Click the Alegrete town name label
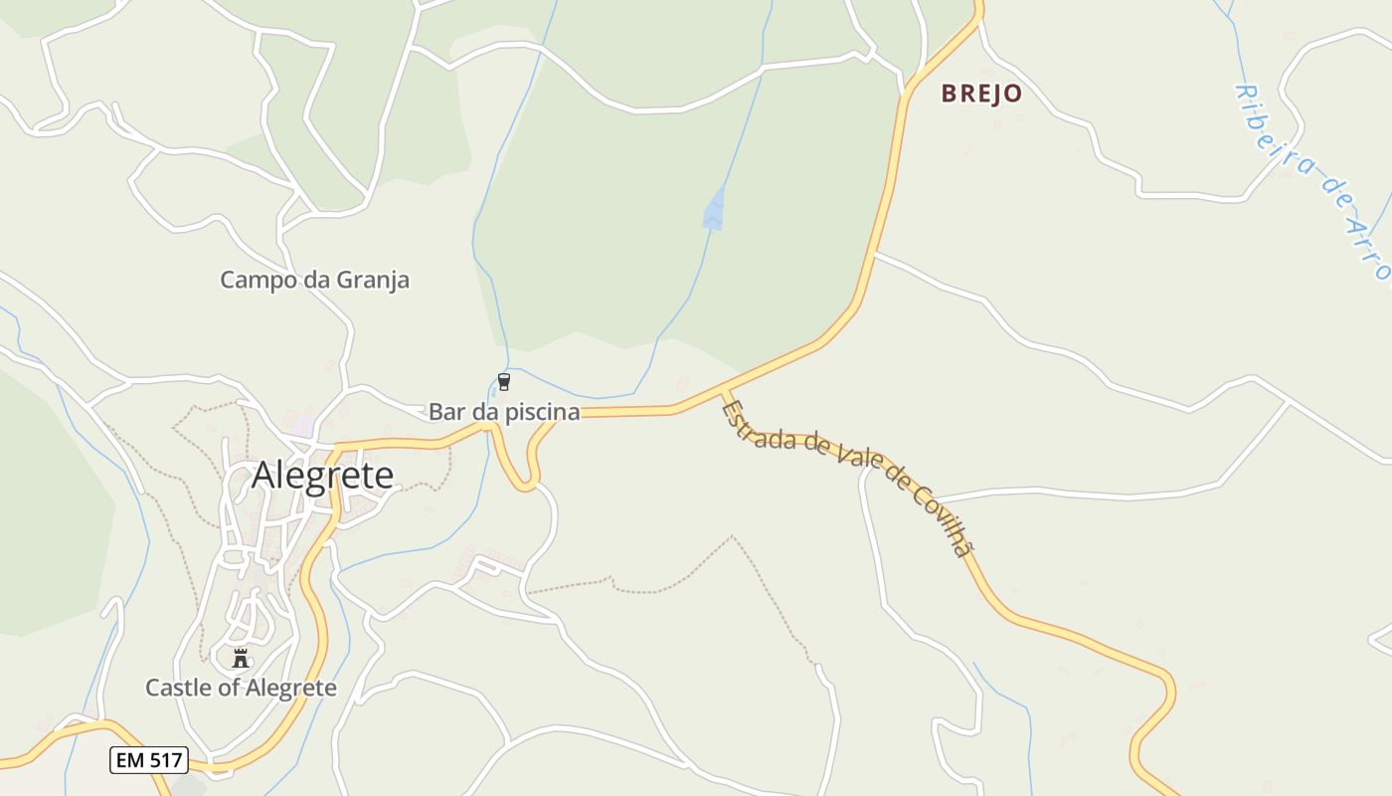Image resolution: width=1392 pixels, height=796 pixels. click(x=322, y=476)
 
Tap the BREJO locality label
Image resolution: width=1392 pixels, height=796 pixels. click(x=981, y=94)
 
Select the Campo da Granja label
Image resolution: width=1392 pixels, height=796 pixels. click(x=314, y=281)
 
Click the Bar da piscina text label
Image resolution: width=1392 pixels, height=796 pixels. click(x=504, y=412)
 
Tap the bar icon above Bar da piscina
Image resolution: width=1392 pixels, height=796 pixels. click(x=504, y=382)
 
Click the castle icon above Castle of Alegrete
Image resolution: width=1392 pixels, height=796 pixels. click(x=240, y=658)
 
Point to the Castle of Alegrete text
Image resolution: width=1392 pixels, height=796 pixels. click(x=241, y=688)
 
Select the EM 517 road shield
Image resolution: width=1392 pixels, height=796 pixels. click(x=148, y=760)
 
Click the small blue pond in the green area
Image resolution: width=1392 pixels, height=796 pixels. click(x=713, y=209)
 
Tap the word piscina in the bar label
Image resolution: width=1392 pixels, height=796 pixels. click(x=544, y=412)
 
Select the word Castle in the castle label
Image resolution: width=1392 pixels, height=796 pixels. click(x=176, y=688)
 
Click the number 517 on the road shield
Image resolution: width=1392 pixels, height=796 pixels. click(x=163, y=760)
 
